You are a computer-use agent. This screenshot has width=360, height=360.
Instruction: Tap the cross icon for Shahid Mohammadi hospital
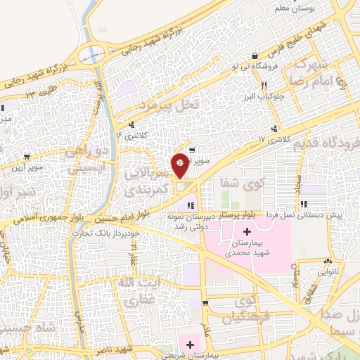coord(247,232)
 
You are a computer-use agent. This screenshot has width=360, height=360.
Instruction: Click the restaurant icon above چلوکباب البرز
coord(264,84)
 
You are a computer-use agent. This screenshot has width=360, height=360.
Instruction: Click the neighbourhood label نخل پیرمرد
coord(169,105)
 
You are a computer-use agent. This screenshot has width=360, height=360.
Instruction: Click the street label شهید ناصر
coord(117,349)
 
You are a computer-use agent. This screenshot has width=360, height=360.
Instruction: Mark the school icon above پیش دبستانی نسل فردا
coord(303,205)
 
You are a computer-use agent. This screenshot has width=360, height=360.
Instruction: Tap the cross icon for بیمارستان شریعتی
coord(188,344)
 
